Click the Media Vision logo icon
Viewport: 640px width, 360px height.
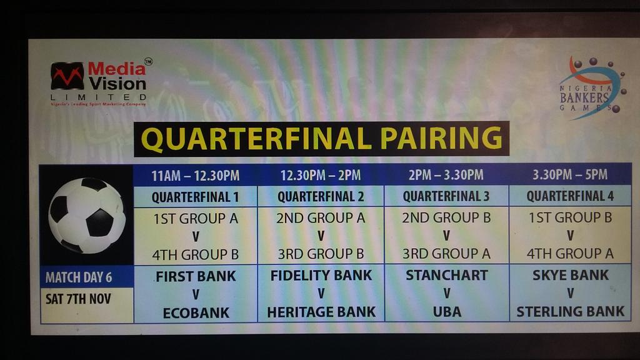67,76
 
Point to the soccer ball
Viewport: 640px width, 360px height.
86,216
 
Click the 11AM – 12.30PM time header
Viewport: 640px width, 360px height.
195,176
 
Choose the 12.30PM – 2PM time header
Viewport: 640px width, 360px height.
321,176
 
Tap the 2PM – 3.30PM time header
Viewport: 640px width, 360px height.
446,176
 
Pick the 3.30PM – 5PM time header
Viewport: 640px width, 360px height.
570,176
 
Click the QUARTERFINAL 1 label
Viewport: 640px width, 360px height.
195,197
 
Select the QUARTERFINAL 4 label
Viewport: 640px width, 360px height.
570,196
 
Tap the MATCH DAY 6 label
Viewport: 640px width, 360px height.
78,277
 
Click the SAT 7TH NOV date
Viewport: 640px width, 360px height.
78,299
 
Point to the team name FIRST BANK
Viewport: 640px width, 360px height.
196,276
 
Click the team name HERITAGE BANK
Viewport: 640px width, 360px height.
321,312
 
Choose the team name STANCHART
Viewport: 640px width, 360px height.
446,275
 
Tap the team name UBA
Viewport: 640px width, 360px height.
446,311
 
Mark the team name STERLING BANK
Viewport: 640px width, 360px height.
570,311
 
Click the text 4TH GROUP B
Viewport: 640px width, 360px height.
195,255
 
